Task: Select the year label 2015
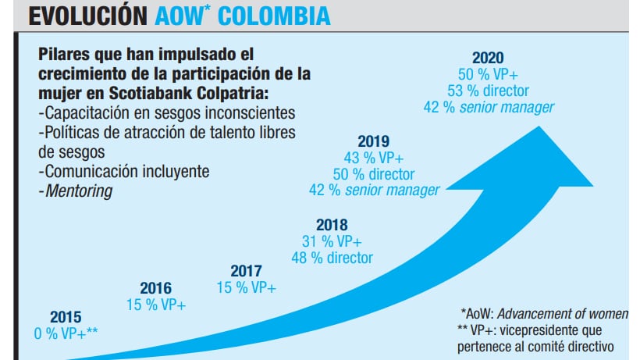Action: click(66, 317)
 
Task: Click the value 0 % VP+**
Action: click(66, 333)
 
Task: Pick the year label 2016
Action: click(155, 288)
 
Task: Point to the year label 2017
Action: click(246, 272)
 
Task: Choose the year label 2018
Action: click(337, 225)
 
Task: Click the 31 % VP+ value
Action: click(337, 241)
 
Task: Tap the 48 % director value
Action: click(337, 257)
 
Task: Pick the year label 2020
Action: click(489, 57)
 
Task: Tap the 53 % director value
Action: click(489, 90)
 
